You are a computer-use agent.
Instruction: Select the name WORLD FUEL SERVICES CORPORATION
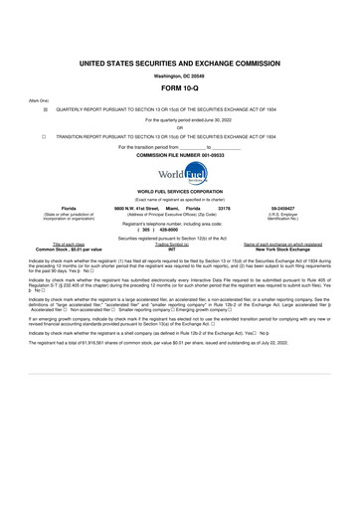tap(180, 190)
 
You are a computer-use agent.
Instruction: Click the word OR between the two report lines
tap(180, 127)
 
